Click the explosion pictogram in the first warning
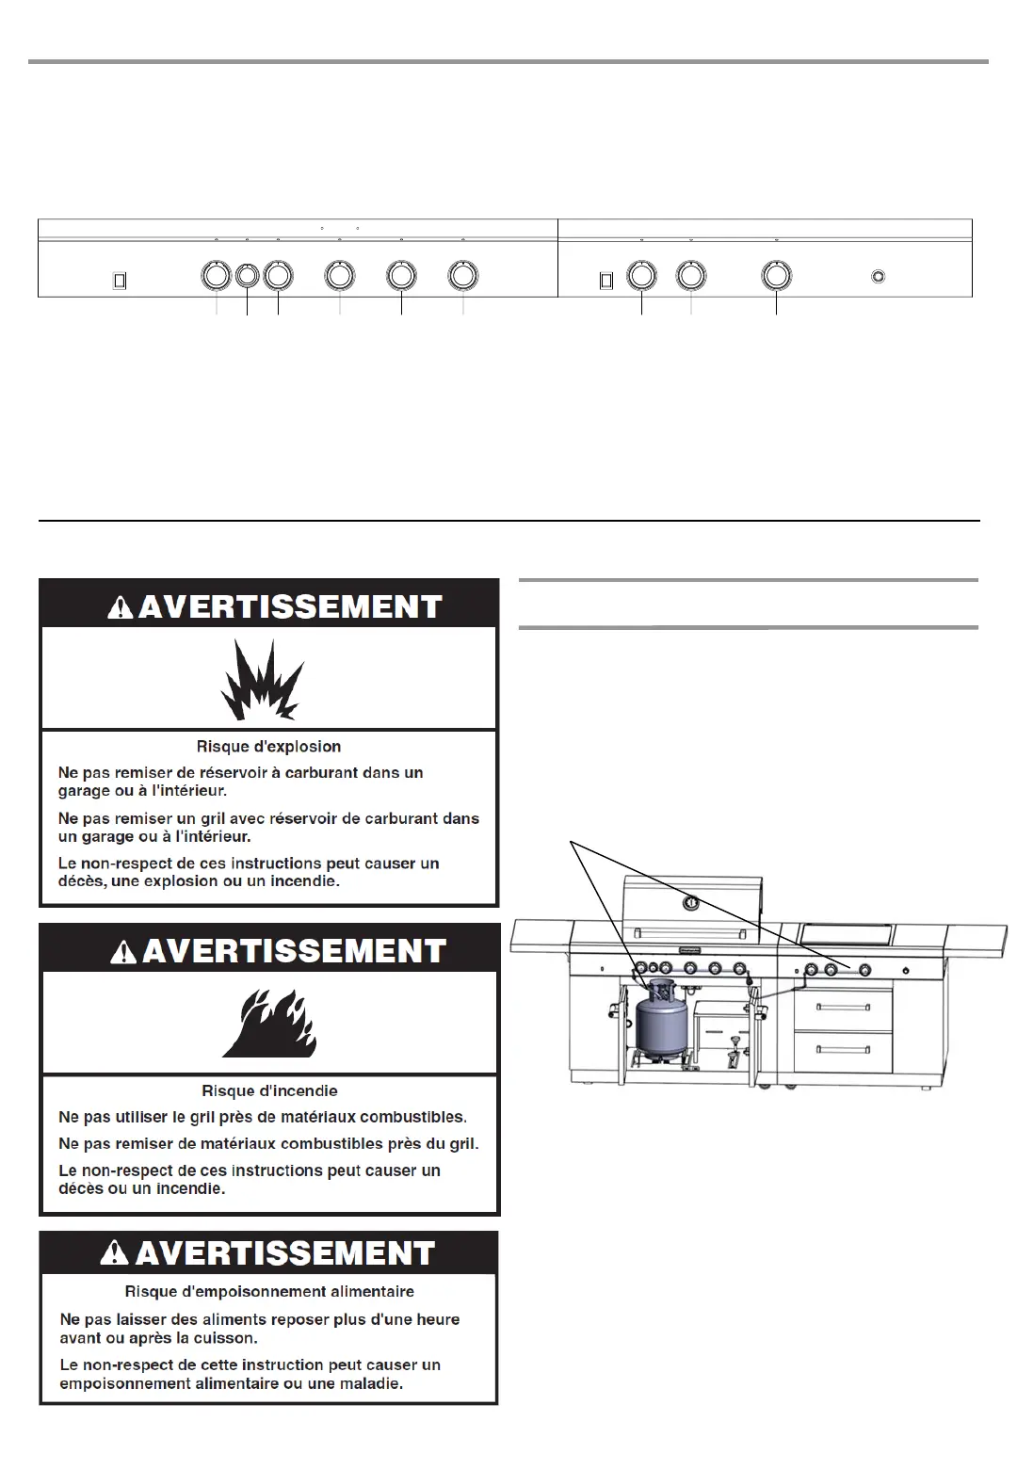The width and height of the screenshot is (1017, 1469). click(262, 681)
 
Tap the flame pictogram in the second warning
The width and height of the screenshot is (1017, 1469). click(269, 1025)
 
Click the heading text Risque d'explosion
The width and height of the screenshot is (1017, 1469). click(268, 747)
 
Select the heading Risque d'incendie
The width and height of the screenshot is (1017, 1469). click(269, 1090)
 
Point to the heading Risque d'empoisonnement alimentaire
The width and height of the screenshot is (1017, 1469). click(269, 1291)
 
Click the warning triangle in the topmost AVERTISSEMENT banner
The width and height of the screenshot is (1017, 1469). click(121, 607)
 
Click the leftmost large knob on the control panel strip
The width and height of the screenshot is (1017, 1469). click(216, 276)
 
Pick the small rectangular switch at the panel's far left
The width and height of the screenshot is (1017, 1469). click(120, 281)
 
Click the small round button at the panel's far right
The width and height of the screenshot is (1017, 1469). click(878, 277)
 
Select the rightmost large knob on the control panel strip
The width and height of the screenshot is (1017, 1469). click(776, 276)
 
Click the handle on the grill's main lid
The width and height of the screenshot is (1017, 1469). click(692, 932)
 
